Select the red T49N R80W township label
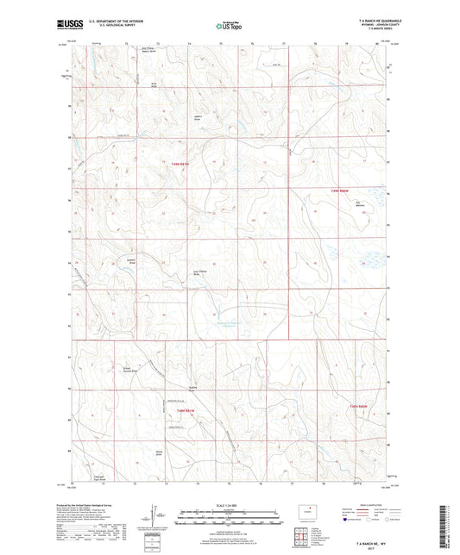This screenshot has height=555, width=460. pyautogui.click(x=341, y=190)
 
